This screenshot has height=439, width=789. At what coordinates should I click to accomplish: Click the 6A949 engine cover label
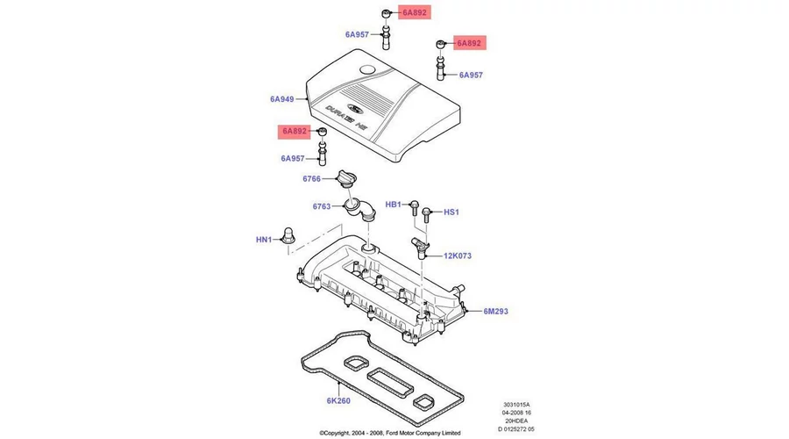(282, 99)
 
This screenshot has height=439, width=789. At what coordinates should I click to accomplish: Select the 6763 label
(322, 207)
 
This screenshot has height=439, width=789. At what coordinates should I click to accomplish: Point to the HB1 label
(393, 204)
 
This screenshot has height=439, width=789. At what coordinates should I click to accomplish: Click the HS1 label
(451, 212)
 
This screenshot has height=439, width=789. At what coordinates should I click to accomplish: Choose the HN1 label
(265, 239)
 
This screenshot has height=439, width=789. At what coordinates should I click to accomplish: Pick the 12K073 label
(457, 256)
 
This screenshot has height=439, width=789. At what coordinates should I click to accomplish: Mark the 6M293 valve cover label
(495, 312)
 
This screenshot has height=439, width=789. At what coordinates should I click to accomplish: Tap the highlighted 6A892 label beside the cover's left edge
(294, 132)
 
